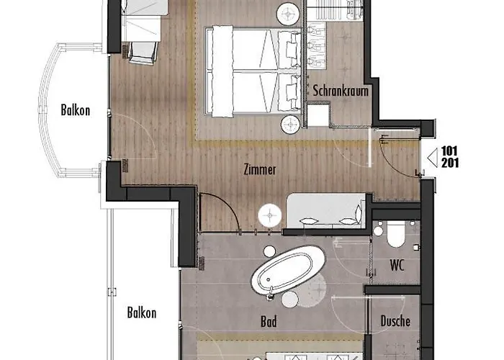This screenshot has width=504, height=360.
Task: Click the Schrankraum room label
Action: point(341,91)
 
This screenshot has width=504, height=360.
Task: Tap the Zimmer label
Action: point(260,169)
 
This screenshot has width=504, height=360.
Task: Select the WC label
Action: point(397,266)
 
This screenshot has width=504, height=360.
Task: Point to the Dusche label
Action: point(395,321)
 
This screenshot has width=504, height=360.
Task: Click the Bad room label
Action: point(269,321)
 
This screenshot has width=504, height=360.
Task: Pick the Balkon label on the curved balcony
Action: point(75,110)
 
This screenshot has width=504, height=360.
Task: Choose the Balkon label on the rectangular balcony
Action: point(142,312)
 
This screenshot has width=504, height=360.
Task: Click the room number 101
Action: point(450,150)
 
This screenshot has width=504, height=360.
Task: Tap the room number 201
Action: point(450,163)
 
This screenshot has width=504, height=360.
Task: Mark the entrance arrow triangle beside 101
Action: point(433,158)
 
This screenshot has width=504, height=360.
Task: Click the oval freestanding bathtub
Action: point(288,270)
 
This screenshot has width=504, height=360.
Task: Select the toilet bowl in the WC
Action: point(396,234)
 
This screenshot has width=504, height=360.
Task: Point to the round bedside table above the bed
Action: point(288,14)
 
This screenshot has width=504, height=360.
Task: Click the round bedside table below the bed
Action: point(291,125)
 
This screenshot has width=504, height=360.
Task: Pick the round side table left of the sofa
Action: point(270,215)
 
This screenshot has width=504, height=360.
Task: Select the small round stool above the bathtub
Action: point(269,251)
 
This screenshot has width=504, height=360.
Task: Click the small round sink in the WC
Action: point(378,231)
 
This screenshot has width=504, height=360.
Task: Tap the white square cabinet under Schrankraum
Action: point(318,114)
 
